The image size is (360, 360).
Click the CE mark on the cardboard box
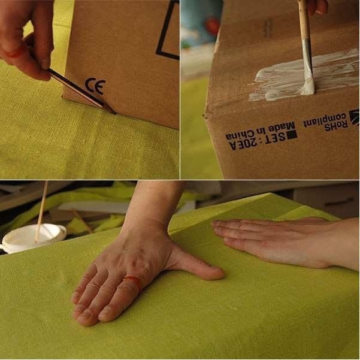pos(95,86)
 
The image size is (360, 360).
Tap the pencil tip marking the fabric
pos(114,113)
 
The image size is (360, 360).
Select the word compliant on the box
pos(324,119)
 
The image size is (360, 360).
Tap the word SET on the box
pos(274,138)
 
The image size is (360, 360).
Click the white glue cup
pos(32,238)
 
